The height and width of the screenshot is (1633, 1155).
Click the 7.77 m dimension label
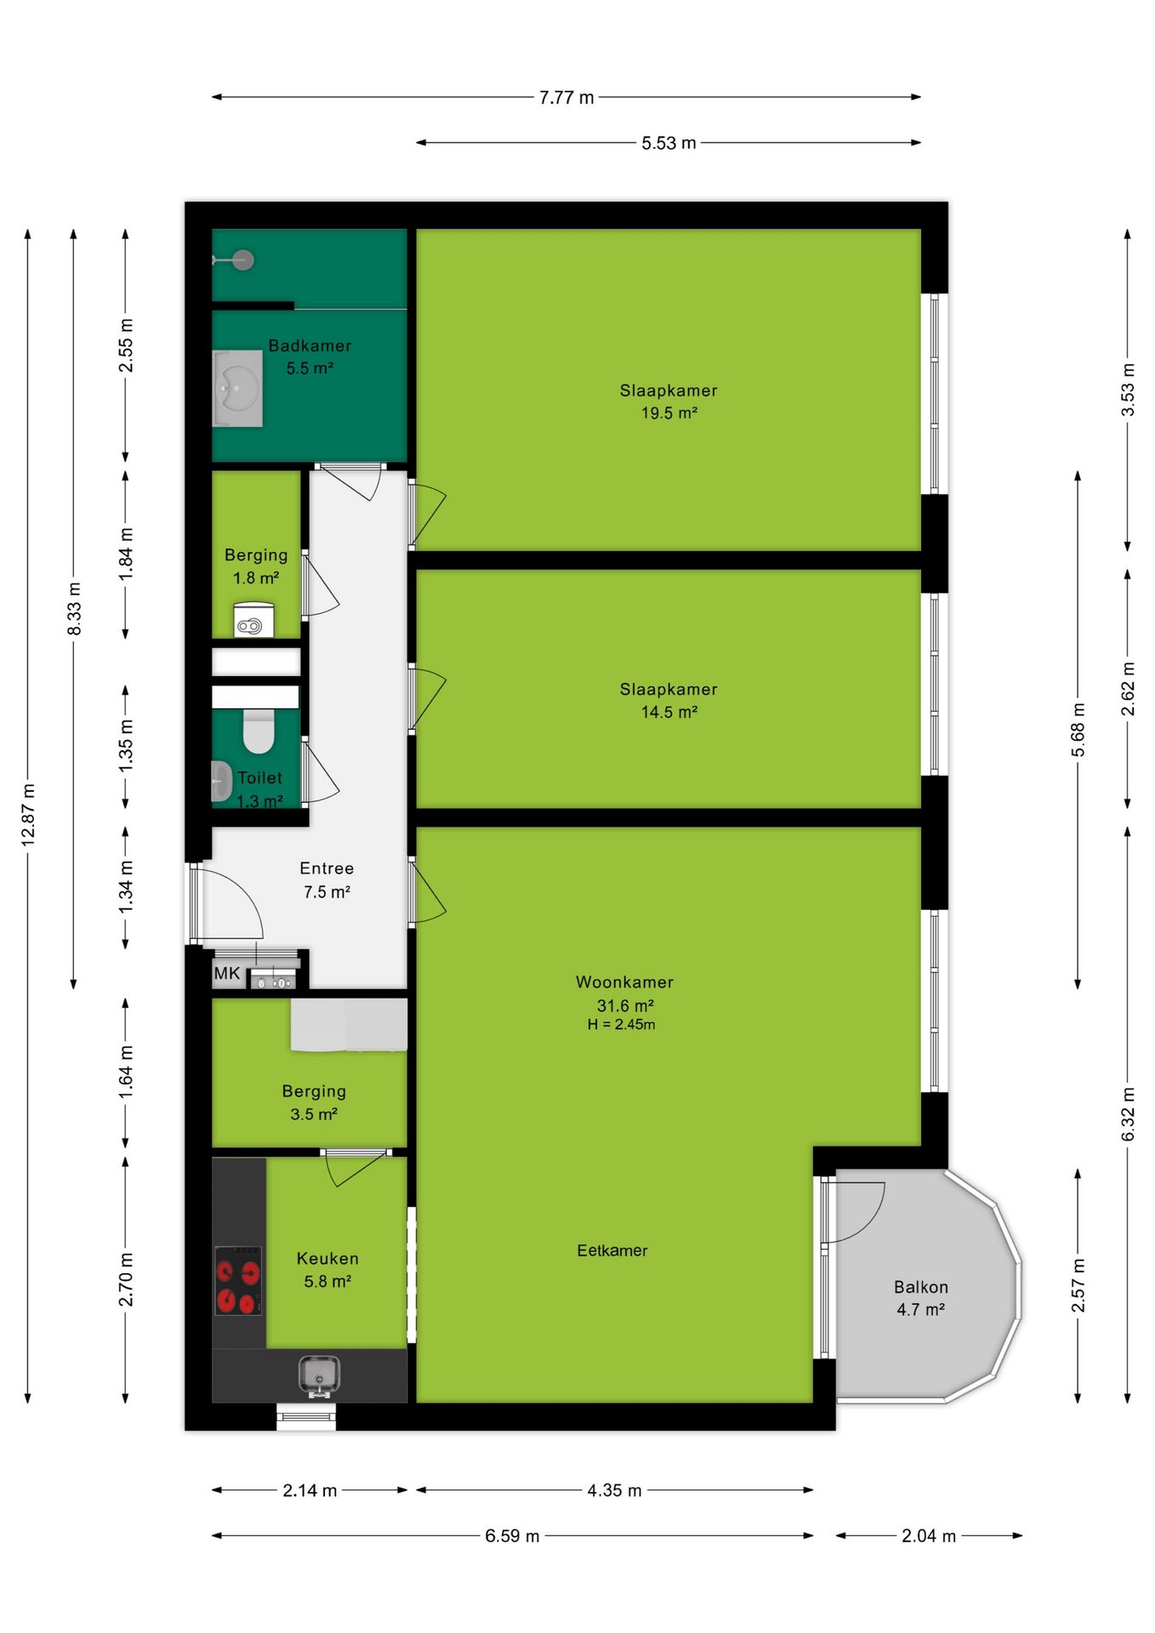[x=566, y=98]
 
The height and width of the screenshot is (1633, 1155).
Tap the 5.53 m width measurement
[x=669, y=143]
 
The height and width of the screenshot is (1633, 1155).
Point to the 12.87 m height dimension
[x=28, y=815]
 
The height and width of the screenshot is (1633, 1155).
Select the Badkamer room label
[x=310, y=346]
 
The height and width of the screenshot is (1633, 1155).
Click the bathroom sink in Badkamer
[x=237, y=388]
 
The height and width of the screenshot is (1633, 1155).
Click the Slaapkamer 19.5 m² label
[x=669, y=401]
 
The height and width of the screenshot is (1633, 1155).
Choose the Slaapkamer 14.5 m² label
[x=669, y=701]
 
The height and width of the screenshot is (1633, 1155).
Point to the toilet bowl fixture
[x=259, y=731]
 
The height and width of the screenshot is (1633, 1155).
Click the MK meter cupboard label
[x=227, y=974]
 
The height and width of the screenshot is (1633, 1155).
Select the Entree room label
[x=327, y=868]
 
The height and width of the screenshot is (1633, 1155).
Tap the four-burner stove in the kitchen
[x=238, y=1281]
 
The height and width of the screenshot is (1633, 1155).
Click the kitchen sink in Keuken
[x=319, y=1374]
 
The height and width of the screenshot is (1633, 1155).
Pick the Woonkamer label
[x=624, y=982]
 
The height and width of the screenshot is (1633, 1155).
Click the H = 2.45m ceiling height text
[x=621, y=1025]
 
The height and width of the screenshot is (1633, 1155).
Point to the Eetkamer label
[x=612, y=1251]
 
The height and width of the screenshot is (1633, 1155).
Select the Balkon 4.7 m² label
[x=921, y=1299]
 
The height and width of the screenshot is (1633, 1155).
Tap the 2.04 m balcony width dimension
[x=929, y=1536]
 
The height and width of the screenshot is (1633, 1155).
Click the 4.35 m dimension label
[x=614, y=1490]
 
